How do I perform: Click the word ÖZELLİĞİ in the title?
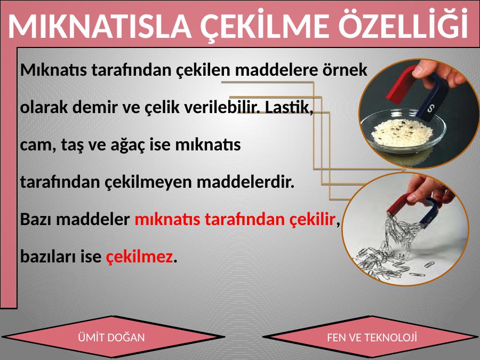tap(403, 23)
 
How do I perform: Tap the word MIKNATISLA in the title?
tap(100, 26)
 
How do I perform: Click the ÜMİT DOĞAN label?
tap(111, 338)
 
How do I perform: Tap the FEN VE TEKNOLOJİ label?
tap(372, 338)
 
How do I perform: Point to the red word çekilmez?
tap(139, 257)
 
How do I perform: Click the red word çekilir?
tap(312, 219)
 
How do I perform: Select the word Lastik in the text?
tap(289, 107)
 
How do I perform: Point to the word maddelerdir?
tap(245, 182)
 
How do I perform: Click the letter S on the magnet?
tap(431, 108)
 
